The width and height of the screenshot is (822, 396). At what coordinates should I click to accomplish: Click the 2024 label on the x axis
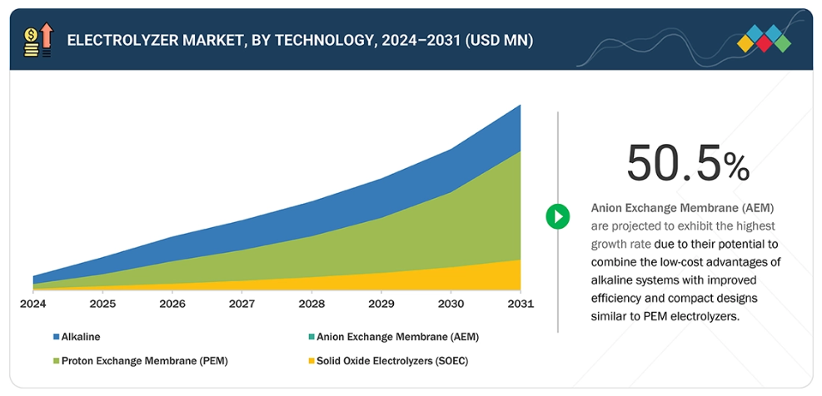[x=32, y=304]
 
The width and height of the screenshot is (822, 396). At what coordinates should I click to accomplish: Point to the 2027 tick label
[x=242, y=304]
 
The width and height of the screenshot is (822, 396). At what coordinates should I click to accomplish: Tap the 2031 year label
[x=520, y=304]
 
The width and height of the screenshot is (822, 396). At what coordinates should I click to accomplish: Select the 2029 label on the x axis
[x=381, y=304]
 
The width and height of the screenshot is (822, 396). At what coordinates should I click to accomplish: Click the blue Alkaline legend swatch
[x=56, y=337]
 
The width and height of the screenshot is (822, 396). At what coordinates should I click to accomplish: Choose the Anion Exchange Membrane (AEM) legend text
[x=398, y=337]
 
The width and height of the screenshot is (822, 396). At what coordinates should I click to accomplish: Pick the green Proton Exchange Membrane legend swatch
[x=56, y=361]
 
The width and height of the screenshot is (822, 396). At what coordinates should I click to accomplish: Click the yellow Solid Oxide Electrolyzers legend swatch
[x=311, y=361]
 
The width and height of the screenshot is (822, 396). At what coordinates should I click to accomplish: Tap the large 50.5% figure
[x=688, y=163]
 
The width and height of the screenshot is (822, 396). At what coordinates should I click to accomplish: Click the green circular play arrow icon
[x=557, y=217]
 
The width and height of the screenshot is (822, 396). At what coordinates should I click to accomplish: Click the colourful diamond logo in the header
[x=765, y=38]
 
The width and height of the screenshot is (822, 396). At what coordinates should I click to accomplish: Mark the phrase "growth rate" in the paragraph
[x=622, y=244]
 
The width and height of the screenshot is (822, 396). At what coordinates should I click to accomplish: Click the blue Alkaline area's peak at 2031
[x=520, y=106]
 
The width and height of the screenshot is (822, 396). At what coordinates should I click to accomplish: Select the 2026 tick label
[x=172, y=304]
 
